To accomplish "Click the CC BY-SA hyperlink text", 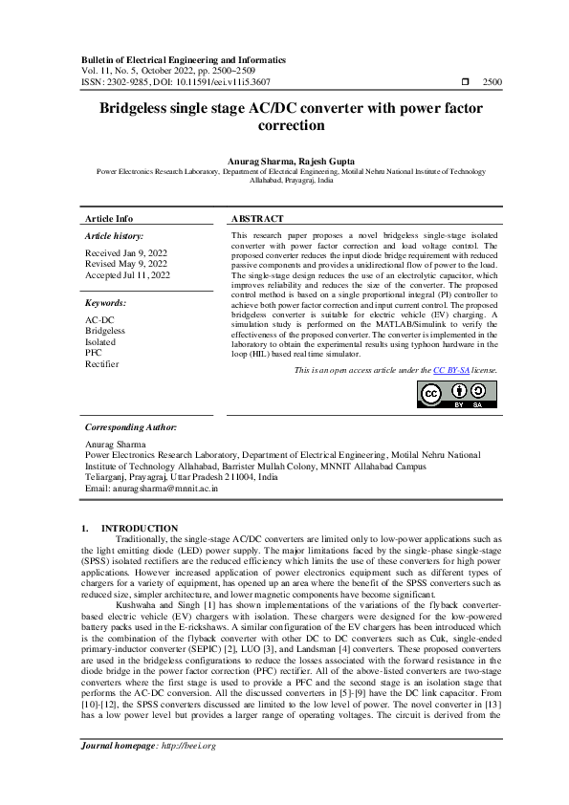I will click(x=446, y=369).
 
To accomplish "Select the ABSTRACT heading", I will click(x=258, y=218).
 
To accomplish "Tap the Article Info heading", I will click(x=109, y=218).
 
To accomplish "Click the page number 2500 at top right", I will click(x=492, y=83).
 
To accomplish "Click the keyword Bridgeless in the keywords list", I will click(x=105, y=330).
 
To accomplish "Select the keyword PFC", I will click(x=94, y=353).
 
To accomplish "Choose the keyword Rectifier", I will click(x=102, y=364).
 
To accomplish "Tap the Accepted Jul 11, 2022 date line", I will click(x=128, y=275).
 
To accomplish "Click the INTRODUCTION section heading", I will click(x=140, y=528).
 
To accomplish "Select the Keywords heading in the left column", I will click(x=106, y=302).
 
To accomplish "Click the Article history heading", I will click(x=115, y=235).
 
